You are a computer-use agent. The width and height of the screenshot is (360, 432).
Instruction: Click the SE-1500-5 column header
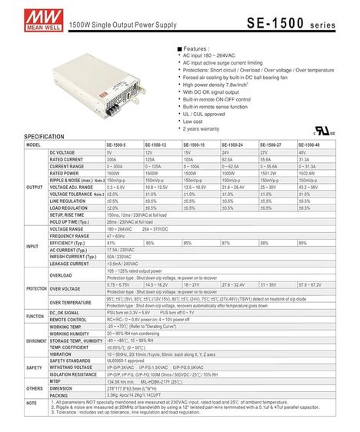point(118,145)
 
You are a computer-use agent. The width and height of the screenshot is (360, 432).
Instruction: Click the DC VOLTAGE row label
point(62,153)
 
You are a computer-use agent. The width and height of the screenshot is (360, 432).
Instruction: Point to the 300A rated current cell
point(112,160)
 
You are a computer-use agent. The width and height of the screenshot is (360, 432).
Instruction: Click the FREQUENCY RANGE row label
point(70,235)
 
